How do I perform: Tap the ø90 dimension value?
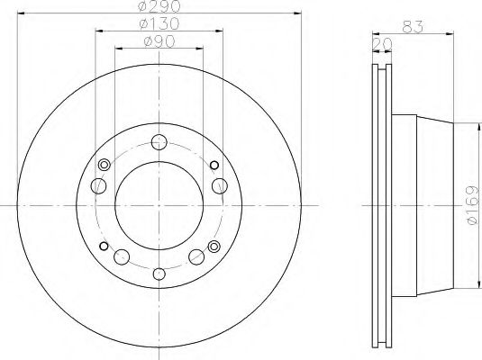click(x=159, y=43)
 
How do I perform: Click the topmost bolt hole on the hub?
click(x=159, y=140)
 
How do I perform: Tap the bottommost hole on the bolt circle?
click(x=159, y=274)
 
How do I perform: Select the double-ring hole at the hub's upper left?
click(x=104, y=165)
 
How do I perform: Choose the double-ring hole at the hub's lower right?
click(x=214, y=247)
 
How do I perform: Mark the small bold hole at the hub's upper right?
click(x=214, y=165)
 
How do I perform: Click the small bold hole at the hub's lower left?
click(x=104, y=247)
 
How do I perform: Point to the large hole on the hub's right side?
click(x=219, y=186)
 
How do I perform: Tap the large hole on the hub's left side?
click(x=98, y=186)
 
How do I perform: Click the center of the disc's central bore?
click(x=159, y=207)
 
